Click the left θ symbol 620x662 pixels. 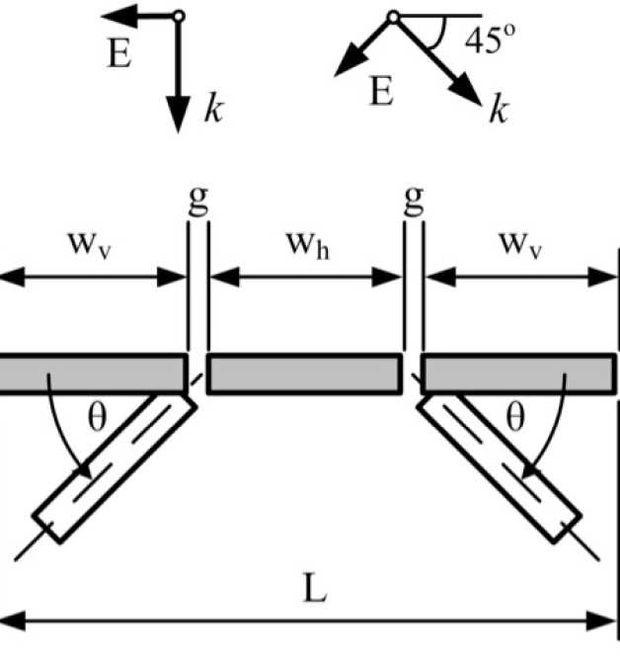[x=97, y=418]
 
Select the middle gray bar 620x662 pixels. [x=305, y=374]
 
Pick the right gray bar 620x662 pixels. [x=515, y=374]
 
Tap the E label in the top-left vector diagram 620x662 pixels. [x=119, y=53]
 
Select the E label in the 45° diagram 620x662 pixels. [x=381, y=94]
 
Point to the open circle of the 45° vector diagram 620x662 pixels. [x=394, y=17]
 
